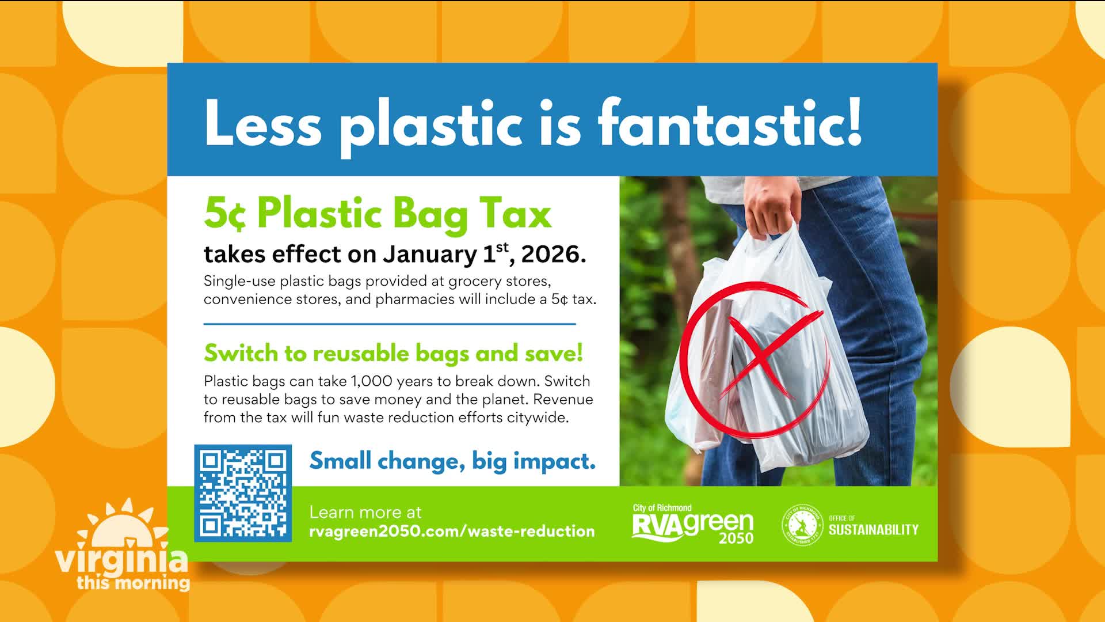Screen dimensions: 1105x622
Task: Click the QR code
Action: (x=243, y=493)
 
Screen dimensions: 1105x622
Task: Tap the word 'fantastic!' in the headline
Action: (x=730, y=123)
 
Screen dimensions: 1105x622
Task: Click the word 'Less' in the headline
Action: (x=263, y=123)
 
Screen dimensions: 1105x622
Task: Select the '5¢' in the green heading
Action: (x=225, y=214)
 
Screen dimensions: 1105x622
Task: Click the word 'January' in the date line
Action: (x=430, y=255)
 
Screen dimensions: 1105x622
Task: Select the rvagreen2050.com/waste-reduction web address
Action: (x=452, y=531)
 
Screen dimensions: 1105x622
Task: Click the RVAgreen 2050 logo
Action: (x=693, y=524)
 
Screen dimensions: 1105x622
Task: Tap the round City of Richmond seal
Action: (x=802, y=525)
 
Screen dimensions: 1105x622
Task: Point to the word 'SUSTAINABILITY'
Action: (x=874, y=530)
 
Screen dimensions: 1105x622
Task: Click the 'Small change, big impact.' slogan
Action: (x=452, y=461)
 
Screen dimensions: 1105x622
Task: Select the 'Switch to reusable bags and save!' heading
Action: (x=394, y=354)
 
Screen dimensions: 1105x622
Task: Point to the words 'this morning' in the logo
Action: (x=134, y=582)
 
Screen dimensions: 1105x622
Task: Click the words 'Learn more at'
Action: (x=365, y=512)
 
